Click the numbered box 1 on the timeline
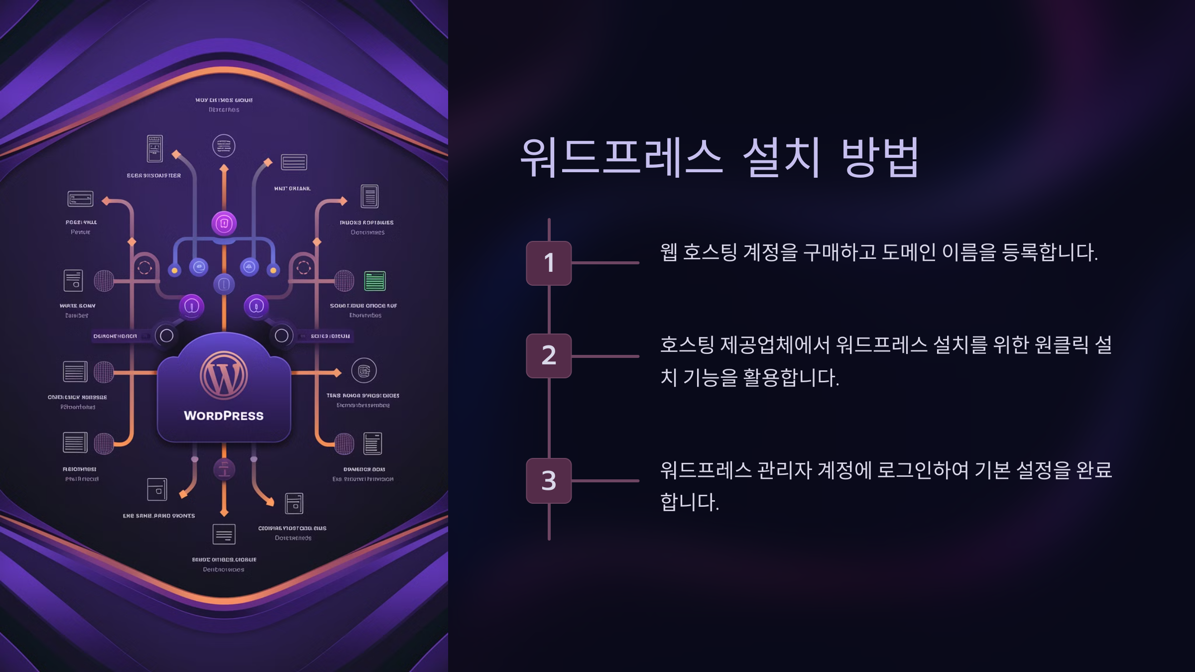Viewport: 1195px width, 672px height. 549,263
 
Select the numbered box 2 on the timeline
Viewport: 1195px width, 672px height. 549,355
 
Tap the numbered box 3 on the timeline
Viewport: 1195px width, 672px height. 549,480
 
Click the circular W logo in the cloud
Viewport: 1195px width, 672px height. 224,375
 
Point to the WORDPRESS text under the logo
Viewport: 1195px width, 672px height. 224,416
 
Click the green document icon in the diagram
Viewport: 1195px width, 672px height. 375,281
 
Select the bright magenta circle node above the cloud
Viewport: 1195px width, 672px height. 224,224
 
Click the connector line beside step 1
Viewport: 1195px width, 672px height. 605,263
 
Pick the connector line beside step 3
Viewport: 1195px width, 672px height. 605,481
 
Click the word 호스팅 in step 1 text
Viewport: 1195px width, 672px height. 710,252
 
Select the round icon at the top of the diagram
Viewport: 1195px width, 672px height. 224,146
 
